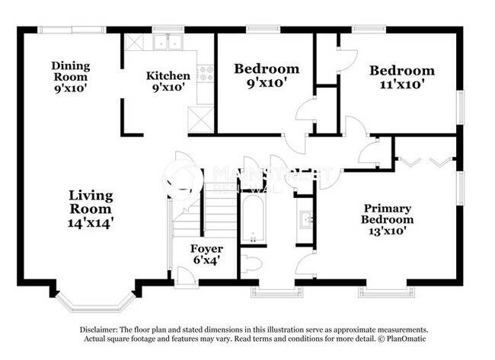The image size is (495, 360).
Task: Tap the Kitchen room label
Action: coord(168,75)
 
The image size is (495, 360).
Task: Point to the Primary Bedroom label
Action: coord(387,214)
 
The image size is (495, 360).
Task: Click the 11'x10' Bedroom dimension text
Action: coord(402,84)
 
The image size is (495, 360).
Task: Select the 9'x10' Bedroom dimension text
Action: coord(265,83)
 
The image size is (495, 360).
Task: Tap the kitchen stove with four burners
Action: coord(205,74)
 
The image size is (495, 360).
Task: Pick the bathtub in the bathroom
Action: coord(252,220)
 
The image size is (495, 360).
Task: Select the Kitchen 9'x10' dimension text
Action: coord(168,88)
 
